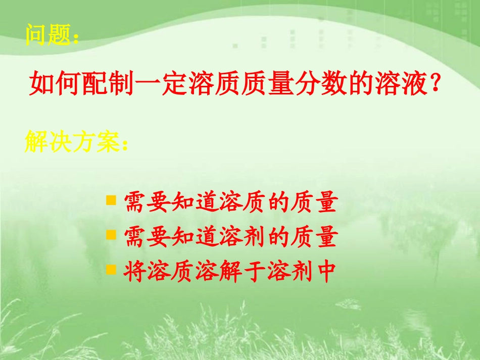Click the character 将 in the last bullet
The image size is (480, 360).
pyautogui.click(x=134, y=272)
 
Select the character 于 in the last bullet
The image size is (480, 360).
pyautogui.click(x=262, y=272)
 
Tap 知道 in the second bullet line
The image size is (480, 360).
pyautogui.click(x=198, y=237)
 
